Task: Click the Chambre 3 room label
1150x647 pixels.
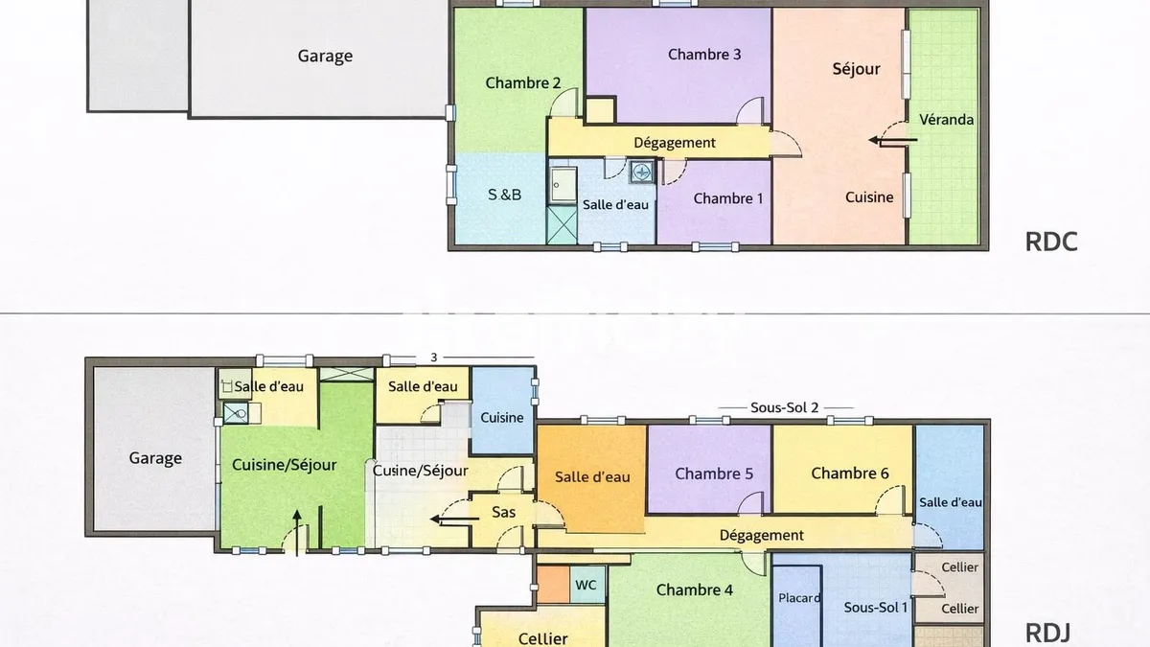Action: click(x=704, y=55)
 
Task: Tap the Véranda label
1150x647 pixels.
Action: click(x=946, y=120)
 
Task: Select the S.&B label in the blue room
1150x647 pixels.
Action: click(x=504, y=195)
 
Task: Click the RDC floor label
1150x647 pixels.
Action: click(x=1051, y=242)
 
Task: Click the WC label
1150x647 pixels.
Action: click(x=586, y=585)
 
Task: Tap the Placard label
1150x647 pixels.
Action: click(x=799, y=598)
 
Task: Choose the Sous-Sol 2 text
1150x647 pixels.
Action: click(x=785, y=407)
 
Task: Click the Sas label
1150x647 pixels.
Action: click(x=504, y=512)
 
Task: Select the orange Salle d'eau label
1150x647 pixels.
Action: click(x=592, y=477)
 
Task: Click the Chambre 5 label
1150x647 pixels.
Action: click(x=714, y=474)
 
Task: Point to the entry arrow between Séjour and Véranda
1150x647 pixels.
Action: click(x=893, y=140)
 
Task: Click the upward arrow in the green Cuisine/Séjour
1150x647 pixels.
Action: click(x=297, y=533)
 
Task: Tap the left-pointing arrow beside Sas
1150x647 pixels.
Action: click(x=454, y=520)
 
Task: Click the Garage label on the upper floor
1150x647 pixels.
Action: click(x=325, y=56)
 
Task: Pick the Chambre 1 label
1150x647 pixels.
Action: click(x=728, y=198)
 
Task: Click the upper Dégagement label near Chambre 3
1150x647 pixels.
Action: click(x=675, y=143)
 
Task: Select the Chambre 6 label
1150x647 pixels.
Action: click(x=850, y=473)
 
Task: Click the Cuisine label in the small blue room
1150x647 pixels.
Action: click(x=501, y=418)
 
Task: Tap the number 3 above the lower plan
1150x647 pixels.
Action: click(x=434, y=358)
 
